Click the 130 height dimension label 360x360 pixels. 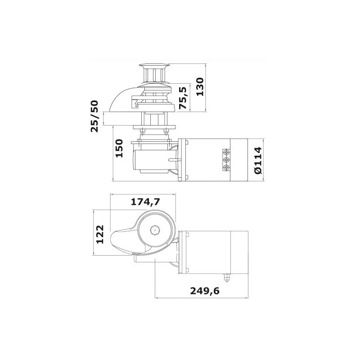pyautogui.click(x=200, y=86)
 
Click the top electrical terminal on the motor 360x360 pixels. pyautogui.click(x=225, y=152)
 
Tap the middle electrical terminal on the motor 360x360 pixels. pyautogui.click(x=225, y=160)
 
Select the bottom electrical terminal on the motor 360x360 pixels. pyautogui.click(x=225, y=167)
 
